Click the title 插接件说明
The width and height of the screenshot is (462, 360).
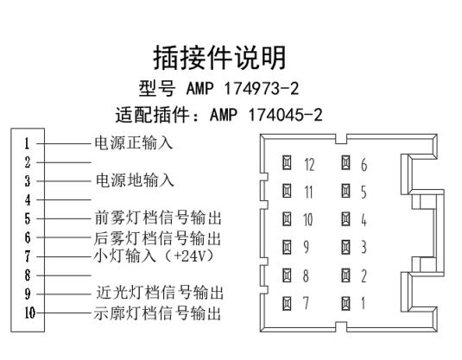(x=219, y=58)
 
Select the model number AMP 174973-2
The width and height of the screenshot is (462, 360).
(x=243, y=88)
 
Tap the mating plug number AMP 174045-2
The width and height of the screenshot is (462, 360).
(x=266, y=115)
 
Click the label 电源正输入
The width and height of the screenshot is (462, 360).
(x=134, y=143)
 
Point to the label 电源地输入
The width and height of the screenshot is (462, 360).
(x=135, y=180)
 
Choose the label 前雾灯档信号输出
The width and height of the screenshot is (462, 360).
(x=158, y=218)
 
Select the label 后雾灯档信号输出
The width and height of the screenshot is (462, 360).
(x=157, y=238)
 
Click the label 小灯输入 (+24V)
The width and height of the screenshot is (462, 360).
(x=154, y=256)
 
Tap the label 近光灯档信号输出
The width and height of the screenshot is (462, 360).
(x=160, y=293)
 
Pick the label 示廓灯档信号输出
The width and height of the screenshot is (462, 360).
(x=157, y=313)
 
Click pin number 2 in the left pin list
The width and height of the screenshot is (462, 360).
(x=28, y=162)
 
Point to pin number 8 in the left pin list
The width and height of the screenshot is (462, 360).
(x=28, y=275)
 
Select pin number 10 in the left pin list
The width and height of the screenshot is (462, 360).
(x=29, y=313)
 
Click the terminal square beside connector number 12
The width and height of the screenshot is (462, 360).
(x=287, y=162)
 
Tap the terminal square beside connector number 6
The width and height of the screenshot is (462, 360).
(x=346, y=162)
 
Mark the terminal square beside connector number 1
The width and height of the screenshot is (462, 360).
(x=346, y=303)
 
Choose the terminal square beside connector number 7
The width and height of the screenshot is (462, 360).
(x=287, y=303)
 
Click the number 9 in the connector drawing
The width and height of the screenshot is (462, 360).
(x=307, y=247)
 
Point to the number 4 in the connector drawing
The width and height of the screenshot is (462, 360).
(x=364, y=220)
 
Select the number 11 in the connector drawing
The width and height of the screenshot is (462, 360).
(x=308, y=193)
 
